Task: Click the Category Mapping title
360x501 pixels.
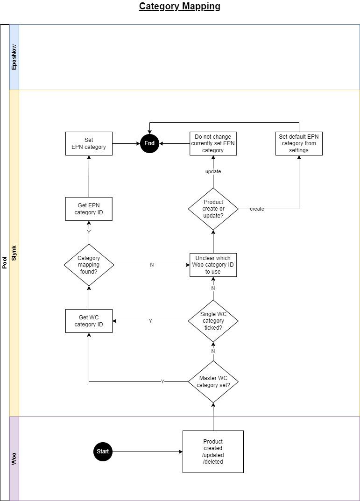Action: [x=180, y=7]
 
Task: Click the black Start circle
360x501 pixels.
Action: [x=103, y=452]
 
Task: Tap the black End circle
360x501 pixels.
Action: [x=149, y=143]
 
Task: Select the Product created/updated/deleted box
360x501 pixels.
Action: [x=213, y=452]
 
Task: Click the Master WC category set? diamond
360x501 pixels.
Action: [x=213, y=382]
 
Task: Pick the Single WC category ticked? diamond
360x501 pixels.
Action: [x=213, y=321]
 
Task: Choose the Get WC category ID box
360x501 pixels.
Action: [x=89, y=321]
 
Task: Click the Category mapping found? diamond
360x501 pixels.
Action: [x=89, y=265]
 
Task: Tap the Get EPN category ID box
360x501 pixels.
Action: [x=89, y=209]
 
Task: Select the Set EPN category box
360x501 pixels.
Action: [x=89, y=143]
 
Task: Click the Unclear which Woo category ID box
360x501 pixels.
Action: [x=213, y=265]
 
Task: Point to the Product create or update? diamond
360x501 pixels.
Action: [x=213, y=209]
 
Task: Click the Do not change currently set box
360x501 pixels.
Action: [x=213, y=143]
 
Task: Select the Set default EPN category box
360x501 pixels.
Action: [x=299, y=143]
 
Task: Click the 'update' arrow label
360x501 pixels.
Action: [x=213, y=171]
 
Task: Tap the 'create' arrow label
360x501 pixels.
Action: [x=257, y=209]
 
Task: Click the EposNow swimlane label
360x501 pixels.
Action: [x=14, y=57]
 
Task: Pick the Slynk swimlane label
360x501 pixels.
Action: [x=14, y=253]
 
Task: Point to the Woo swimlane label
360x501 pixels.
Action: [x=14, y=459]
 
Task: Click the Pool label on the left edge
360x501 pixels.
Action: [x=5, y=262]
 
